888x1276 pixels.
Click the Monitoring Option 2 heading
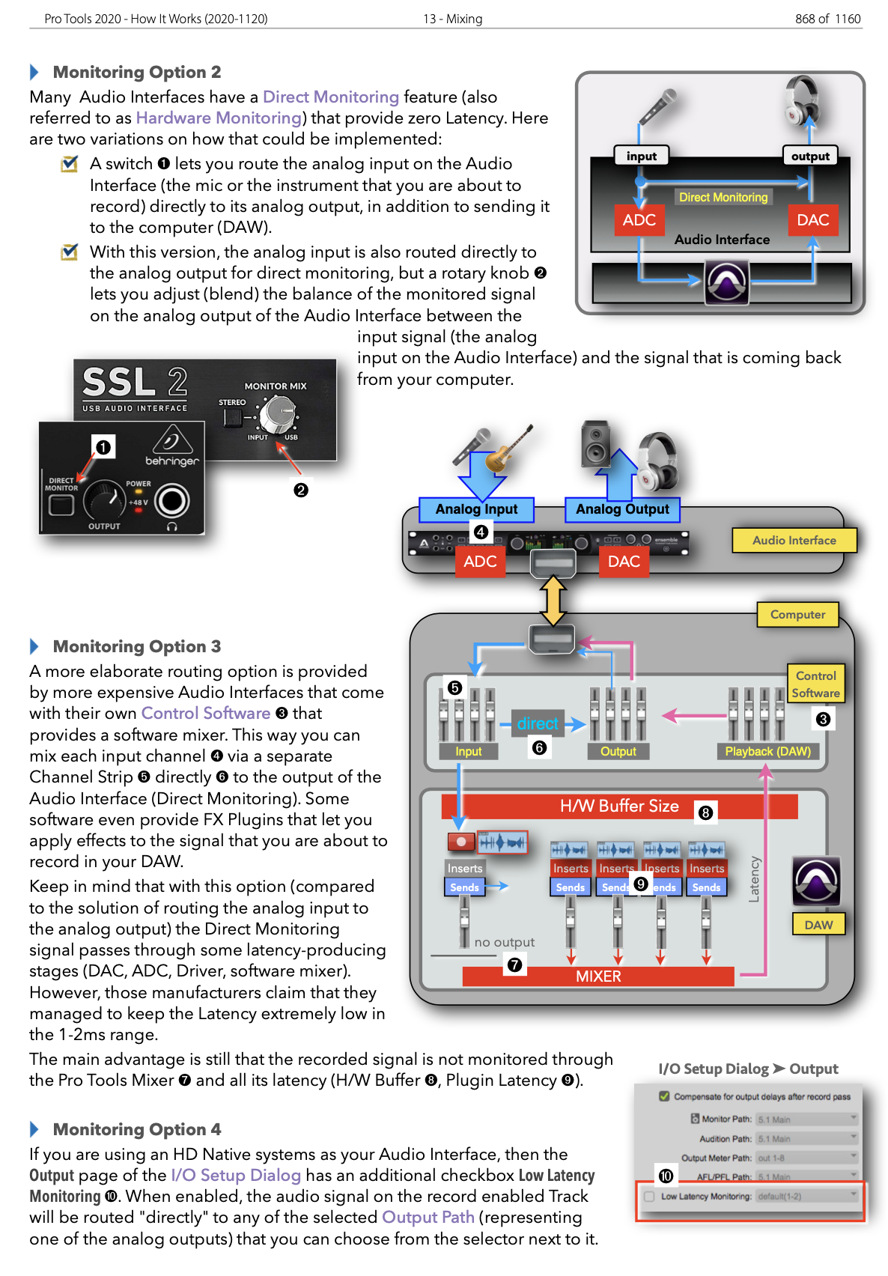pos(137,72)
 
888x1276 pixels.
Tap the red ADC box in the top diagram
pos(639,220)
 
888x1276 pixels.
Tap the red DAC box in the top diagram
pos(812,220)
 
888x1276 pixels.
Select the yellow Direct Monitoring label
pos(723,197)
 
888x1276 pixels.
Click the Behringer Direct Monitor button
pos(61,505)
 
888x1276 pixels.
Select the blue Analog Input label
pos(476,509)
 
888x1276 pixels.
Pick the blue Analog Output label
pos(622,509)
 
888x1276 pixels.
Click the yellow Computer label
pos(797,615)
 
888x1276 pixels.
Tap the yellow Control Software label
pos(815,684)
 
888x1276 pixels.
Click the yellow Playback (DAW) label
pos(767,751)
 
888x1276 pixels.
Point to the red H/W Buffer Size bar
pos(619,806)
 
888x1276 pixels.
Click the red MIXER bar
pos(598,976)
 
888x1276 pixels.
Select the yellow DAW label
pos(818,925)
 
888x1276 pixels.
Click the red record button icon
pos(461,842)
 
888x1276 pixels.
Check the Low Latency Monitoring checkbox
pos(649,1197)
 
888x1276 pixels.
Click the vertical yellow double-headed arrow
pos(553,600)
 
